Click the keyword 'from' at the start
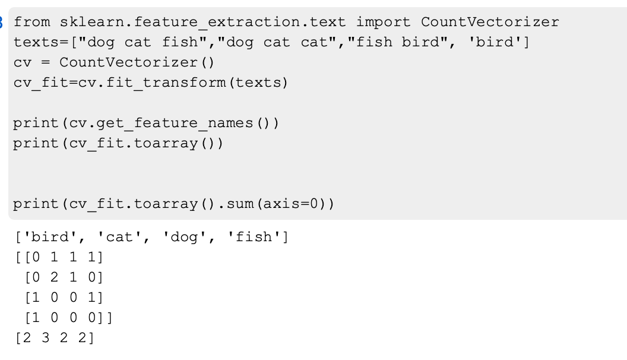tap(31, 23)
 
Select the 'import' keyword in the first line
tap(382, 23)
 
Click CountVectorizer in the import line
tap(490, 23)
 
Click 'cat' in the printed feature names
tap(121, 238)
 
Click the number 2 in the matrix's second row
tap(59, 277)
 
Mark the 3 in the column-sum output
tap(46, 339)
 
